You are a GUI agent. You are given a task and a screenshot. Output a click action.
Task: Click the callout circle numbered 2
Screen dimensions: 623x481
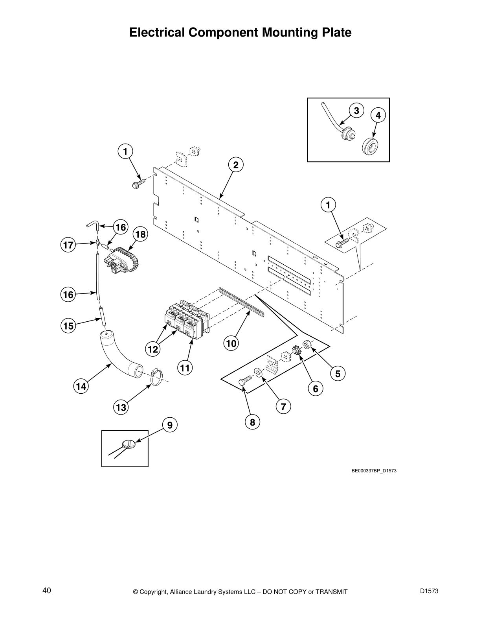click(x=235, y=165)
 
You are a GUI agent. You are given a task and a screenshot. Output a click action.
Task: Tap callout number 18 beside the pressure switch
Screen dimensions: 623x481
click(x=140, y=235)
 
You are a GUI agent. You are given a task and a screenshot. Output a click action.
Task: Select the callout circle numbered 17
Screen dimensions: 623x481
click(x=68, y=245)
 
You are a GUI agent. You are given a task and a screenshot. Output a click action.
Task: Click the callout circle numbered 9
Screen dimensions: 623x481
click(x=169, y=425)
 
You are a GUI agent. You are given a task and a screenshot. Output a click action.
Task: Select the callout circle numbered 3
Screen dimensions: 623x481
click(x=356, y=111)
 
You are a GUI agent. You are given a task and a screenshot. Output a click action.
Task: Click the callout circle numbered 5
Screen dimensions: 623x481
click(x=338, y=373)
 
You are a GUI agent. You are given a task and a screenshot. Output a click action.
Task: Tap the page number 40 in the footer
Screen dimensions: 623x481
click(x=46, y=591)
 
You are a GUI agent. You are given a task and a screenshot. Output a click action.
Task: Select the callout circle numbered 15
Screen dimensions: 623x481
click(x=68, y=326)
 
